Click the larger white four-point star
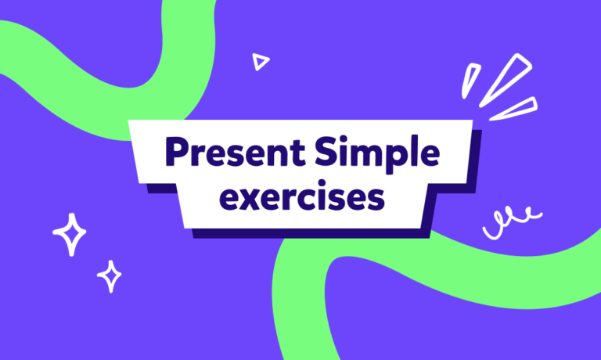pyautogui.click(x=70, y=232)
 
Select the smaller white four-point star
pyautogui.click(x=110, y=275)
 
